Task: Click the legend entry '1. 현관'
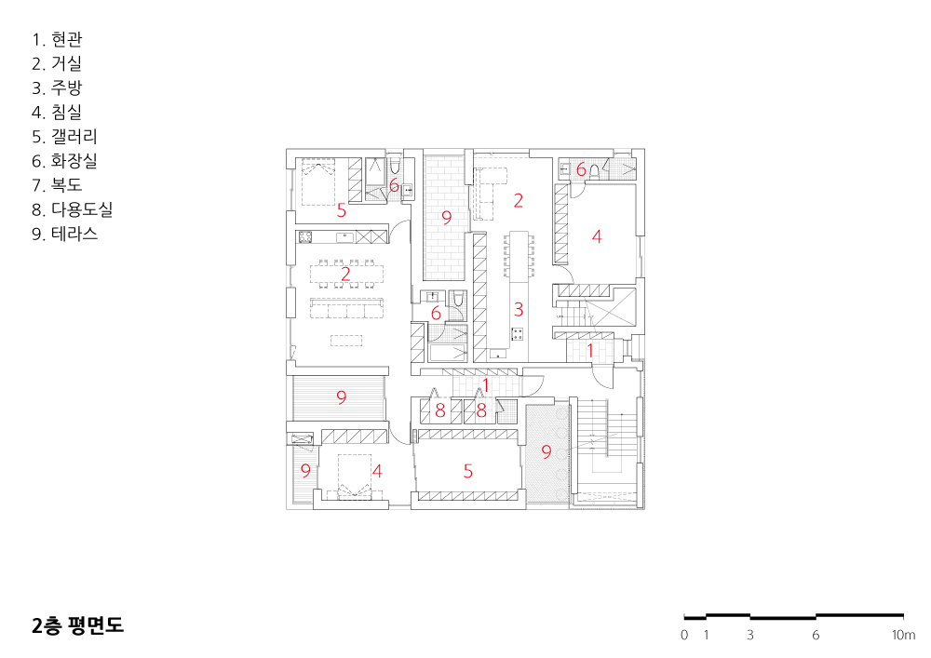[x=57, y=40]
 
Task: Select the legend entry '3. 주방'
[x=57, y=87]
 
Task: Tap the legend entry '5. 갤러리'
[x=65, y=137]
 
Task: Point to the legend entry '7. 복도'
[x=57, y=185]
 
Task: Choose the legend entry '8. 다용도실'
[x=73, y=209]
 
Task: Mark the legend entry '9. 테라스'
[x=65, y=234]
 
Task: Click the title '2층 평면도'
[x=78, y=625]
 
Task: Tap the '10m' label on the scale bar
[x=903, y=635]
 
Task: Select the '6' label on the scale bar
[x=816, y=635]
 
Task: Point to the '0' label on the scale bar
[x=684, y=635]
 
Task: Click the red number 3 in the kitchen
[x=519, y=309]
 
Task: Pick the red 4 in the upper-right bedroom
[x=597, y=236]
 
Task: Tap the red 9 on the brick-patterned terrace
[x=447, y=217]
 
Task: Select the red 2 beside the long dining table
[x=345, y=274]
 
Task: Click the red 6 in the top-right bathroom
[x=581, y=169]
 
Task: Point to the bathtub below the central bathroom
[x=449, y=353]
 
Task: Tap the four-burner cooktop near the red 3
[x=518, y=334]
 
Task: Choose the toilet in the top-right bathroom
[x=594, y=170]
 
